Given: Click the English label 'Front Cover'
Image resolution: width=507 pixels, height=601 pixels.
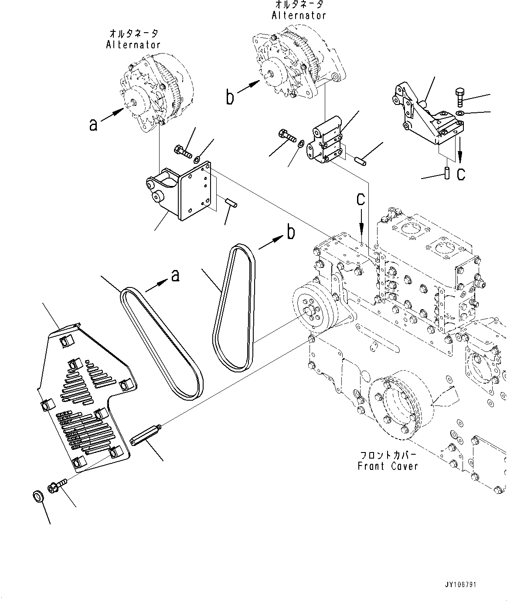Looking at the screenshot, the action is (388, 466).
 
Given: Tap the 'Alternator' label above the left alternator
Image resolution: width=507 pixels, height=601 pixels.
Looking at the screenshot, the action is (133, 44).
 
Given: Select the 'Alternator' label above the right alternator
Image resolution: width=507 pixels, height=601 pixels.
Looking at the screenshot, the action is (299, 15).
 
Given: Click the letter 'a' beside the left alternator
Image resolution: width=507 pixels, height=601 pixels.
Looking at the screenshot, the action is (93, 125).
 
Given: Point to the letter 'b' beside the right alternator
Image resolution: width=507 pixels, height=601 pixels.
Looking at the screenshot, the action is (230, 97).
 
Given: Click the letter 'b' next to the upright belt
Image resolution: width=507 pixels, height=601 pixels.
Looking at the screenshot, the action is (291, 232).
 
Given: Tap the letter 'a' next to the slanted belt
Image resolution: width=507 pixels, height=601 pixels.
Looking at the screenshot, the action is (175, 275).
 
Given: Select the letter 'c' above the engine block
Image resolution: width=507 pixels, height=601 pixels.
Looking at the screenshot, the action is (361, 199).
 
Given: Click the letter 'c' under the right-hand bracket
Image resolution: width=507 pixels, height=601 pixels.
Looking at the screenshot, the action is (461, 174).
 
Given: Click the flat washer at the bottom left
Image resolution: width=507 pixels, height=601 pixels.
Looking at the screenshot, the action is (39, 496).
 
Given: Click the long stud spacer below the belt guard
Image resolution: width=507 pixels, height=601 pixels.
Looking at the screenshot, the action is (146, 435).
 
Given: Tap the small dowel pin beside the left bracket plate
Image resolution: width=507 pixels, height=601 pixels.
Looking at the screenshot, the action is (231, 203).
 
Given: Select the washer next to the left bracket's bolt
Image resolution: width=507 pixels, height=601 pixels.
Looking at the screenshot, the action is (197, 159).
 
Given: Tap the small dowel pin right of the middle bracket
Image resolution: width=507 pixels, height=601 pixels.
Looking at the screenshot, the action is (361, 161).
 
